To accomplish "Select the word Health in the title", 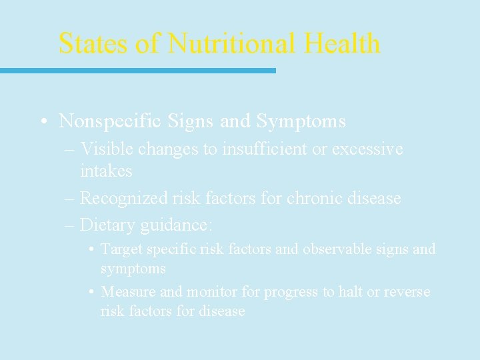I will pos(342,43).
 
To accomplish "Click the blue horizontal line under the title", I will pos(137,70).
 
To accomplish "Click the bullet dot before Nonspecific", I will pos(42,122).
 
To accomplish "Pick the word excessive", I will pos(367,149).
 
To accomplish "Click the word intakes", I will pos(106,171).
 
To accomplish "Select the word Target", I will pos(121,249).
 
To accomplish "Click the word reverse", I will pos(407,292).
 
